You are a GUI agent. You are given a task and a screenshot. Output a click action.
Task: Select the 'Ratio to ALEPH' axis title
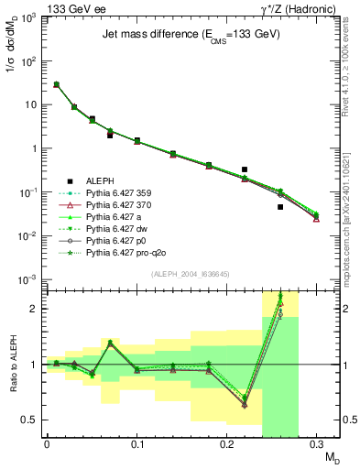tap(12, 364)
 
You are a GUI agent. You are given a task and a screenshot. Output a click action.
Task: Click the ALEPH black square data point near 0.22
tap(245, 169)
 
